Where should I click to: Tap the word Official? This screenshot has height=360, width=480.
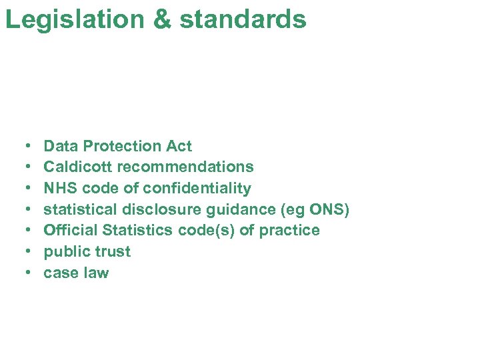click(x=70, y=231)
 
